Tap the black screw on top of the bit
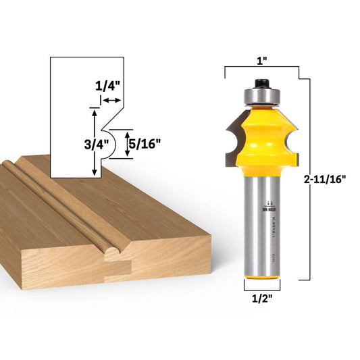point(261,83)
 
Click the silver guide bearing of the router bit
point(261,95)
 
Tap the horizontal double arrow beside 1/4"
point(111,99)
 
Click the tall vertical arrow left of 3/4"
point(94,143)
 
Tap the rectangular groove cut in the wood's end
point(116,269)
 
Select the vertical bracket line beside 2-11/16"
point(310,178)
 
